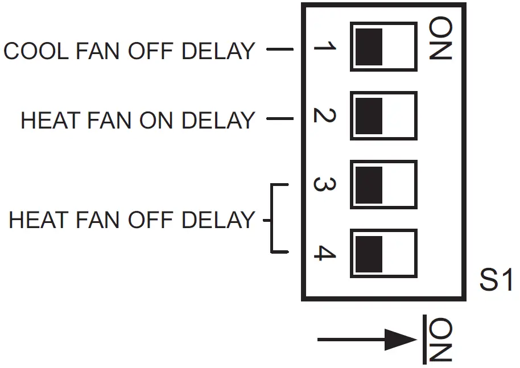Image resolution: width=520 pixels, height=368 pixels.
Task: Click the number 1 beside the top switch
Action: click(x=325, y=48)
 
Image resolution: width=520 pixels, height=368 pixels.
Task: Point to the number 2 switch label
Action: click(x=325, y=116)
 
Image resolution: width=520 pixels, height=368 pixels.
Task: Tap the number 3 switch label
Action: click(x=325, y=185)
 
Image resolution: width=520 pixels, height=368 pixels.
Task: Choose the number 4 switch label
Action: click(x=325, y=254)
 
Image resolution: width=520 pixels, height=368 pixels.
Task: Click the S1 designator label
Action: click(x=496, y=280)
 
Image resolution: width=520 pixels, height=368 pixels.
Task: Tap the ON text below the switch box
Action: click(x=441, y=340)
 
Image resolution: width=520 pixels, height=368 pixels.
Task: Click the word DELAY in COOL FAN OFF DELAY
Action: click(x=218, y=51)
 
